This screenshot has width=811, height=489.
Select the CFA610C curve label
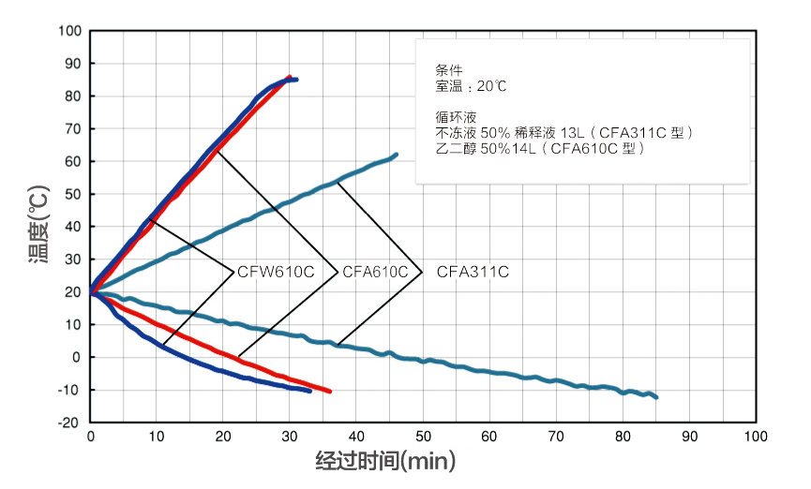point(375,273)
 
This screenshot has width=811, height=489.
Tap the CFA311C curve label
point(473,273)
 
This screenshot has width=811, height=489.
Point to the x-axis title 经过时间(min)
point(384,461)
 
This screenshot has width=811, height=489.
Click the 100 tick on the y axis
point(70,31)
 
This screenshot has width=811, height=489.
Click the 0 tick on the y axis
point(78,357)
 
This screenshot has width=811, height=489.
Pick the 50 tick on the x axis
point(423,437)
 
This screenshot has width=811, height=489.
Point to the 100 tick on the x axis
point(755,437)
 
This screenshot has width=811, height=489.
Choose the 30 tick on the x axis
point(290,437)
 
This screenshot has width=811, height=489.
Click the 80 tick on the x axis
point(622,437)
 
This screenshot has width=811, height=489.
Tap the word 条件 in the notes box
point(449,70)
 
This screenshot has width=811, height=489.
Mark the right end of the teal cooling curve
point(655,397)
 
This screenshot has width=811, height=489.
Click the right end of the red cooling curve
point(329,391)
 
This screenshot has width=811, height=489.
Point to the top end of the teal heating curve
point(396,155)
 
